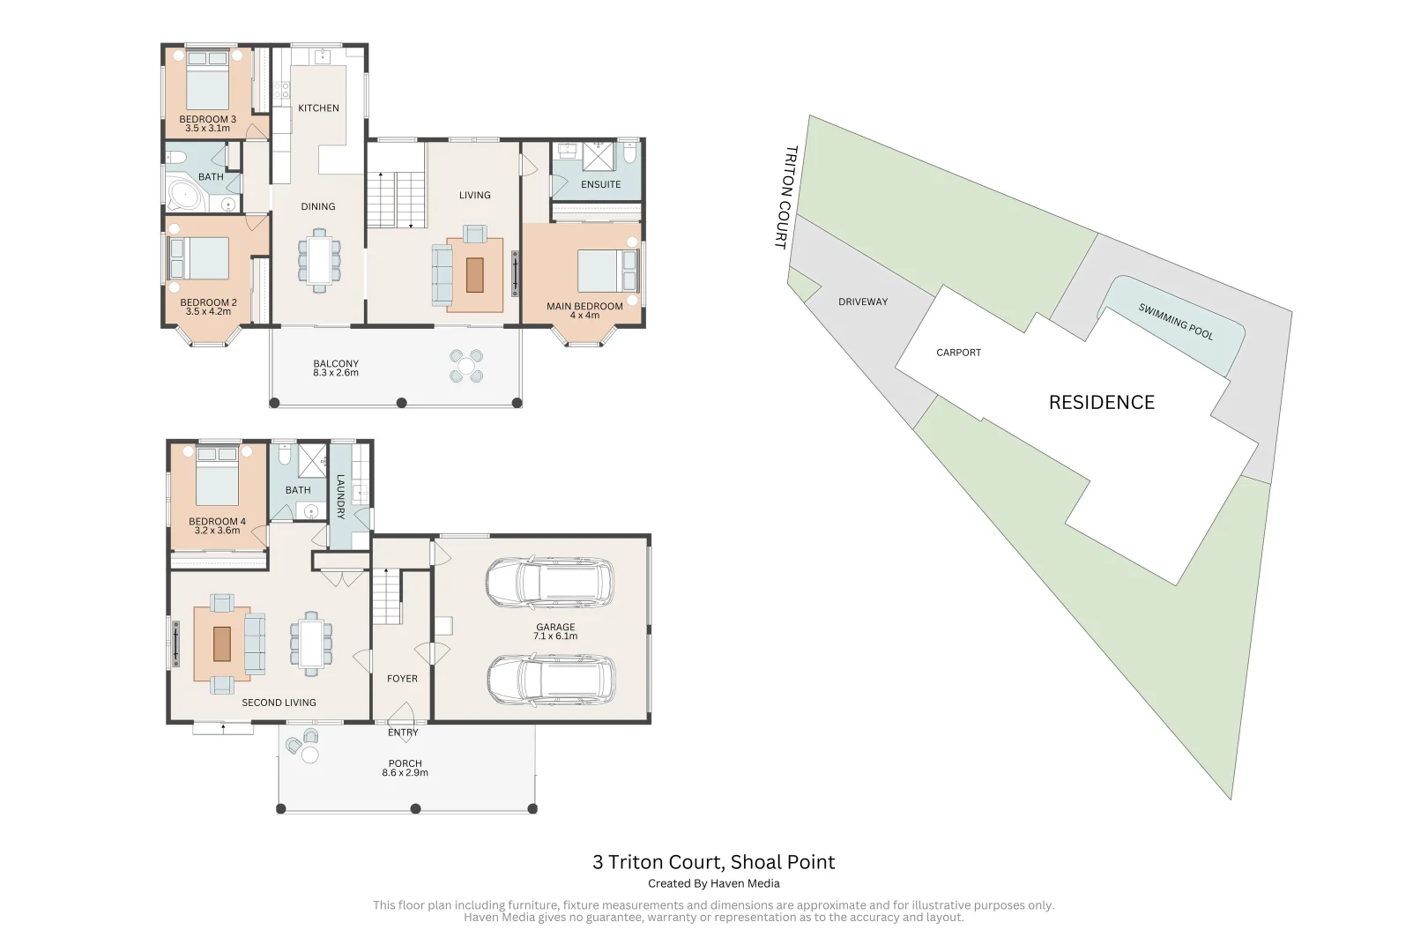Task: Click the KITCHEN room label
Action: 318,108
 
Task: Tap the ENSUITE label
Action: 600,185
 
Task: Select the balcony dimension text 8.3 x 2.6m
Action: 336,374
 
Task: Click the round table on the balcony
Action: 466,366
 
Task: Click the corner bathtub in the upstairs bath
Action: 184,197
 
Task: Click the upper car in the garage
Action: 550,583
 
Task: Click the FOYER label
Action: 402,679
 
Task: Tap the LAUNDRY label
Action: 340,496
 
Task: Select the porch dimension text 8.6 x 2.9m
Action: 405,773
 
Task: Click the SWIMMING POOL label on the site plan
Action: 1175,322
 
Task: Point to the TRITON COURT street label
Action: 785,197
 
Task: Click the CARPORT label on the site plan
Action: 958,353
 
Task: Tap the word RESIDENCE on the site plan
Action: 1101,403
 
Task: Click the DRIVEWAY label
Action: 863,302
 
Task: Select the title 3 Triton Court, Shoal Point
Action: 713,862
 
